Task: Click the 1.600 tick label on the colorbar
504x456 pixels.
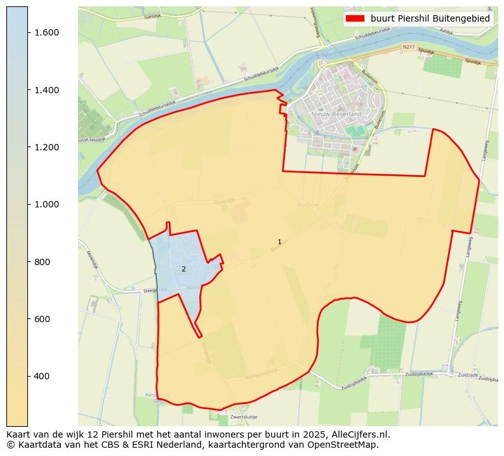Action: coord(46,32)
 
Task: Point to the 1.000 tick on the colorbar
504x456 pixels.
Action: coord(46,204)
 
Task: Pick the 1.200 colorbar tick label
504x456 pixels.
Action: coord(46,147)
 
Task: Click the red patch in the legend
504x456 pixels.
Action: coord(355,18)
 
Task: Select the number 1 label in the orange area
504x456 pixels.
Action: coord(279,242)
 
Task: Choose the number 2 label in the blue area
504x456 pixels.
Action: coord(183,269)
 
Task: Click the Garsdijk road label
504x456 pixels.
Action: coord(154,16)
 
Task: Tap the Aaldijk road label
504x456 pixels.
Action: coord(446,30)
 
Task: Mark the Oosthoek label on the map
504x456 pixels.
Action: coord(308,204)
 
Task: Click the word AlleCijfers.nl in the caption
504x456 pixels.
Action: coord(360,434)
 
